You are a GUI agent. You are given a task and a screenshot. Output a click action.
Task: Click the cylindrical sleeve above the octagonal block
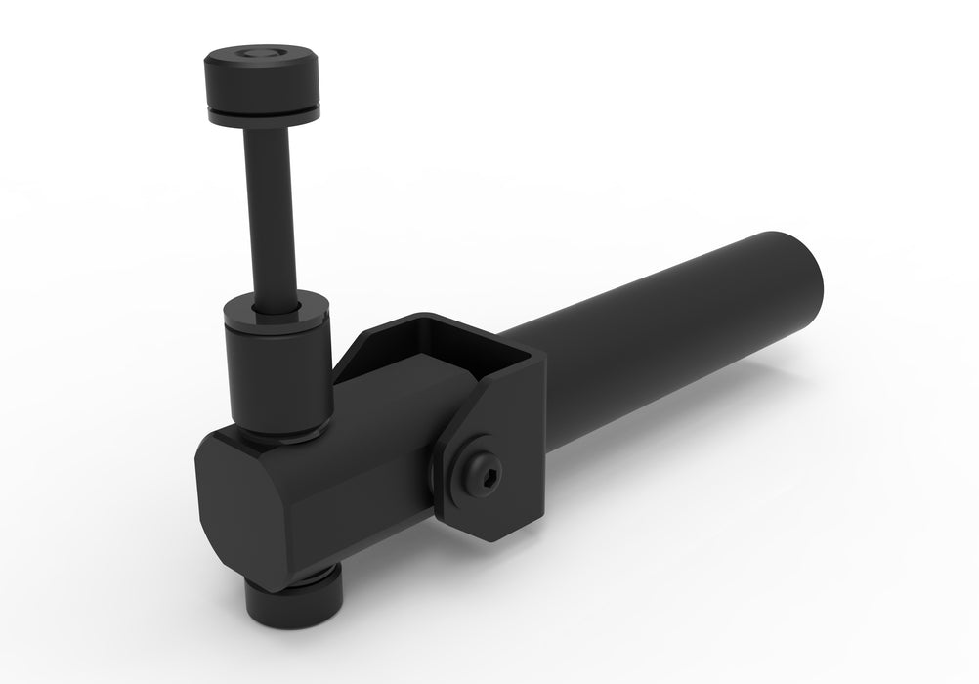[276, 376]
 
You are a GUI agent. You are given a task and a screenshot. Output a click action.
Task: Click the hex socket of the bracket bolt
[486, 466]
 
